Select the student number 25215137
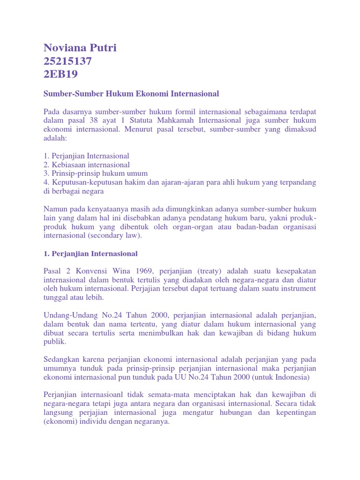click(67, 61)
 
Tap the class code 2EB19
click(60, 74)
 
